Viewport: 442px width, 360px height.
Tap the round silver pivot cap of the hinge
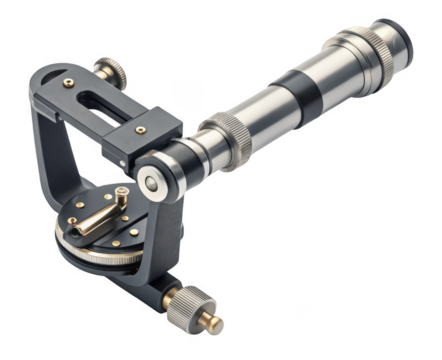pos(152,182)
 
